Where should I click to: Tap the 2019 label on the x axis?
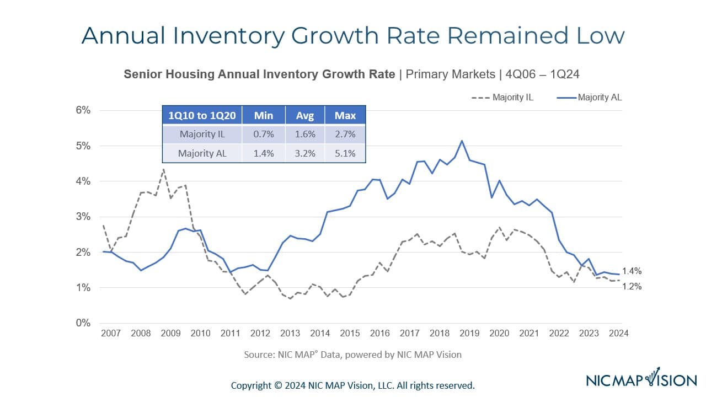[x=469, y=333]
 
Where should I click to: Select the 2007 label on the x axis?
[x=111, y=333]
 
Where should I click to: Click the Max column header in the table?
[x=345, y=115]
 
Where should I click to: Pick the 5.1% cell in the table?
[x=345, y=153]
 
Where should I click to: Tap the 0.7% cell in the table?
[x=264, y=134]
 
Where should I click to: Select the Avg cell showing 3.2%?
[x=305, y=153]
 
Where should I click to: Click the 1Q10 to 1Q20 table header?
[x=202, y=115]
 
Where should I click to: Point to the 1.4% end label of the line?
[x=632, y=271]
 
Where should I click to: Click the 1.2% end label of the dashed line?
[x=632, y=287]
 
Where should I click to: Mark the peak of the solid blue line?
[x=462, y=141]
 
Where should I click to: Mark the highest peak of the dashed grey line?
[x=163, y=169]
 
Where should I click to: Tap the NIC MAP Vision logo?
[x=641, y=379]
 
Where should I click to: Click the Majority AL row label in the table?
[x=202, y=153]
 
